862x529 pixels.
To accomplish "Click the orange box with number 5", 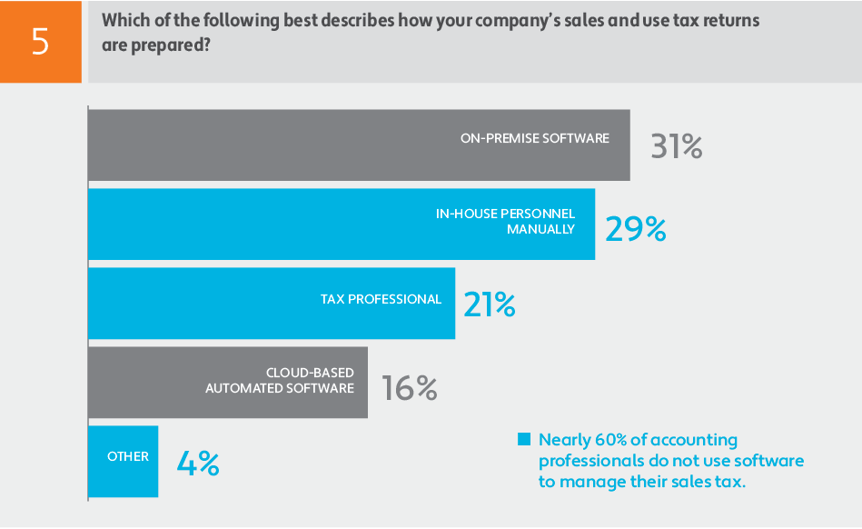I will pyautogui.click(x=40, y=42).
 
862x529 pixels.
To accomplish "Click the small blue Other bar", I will pyautogui.click(x=124, y=461).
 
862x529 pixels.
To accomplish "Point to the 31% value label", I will pyautogui.click(x=677, y=147).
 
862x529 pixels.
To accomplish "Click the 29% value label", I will pyautogui.click(x=636, y=230).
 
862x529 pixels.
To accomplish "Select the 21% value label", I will pyautogui.click(x=490, y=304).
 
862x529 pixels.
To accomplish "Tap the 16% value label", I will pyautogui.click(x=410, y=388).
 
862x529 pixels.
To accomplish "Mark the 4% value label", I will pyautogui.click(x=197, y=464).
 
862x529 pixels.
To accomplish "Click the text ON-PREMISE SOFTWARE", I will pyautogui.click(x=534, y=138).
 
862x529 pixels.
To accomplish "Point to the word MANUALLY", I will pyautogui.click(x=541, y=229).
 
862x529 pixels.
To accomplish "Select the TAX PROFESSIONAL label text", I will pyautogui.click(x=381, y=299).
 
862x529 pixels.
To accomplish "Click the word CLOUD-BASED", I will pyautogui.click(x=310, y=373).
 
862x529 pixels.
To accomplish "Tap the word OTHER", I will pyautogui.click(x=128, y=456).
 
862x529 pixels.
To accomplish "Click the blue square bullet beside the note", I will pyautogui.click(x=523, y=440).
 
